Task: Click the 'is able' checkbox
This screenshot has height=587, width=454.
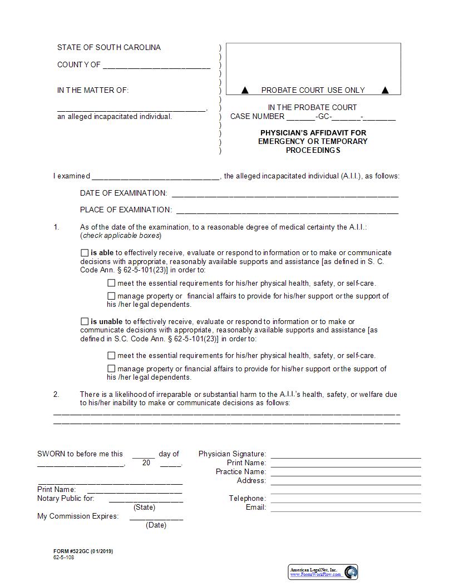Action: click(85, 253)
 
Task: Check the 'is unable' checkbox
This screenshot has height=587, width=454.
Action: click(85, 321)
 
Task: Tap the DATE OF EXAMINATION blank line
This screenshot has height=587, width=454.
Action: click(285, 195)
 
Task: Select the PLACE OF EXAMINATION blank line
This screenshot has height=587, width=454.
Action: click(287, 212)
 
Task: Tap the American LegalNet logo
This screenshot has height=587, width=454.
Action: click(323, 572)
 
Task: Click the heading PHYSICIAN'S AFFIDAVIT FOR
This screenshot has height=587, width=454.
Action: click(313, 133)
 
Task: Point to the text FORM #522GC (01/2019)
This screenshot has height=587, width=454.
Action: click(83, 551)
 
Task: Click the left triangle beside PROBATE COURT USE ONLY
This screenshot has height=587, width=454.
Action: click(245, 90)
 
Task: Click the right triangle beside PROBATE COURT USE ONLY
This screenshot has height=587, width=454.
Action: click(385, 90)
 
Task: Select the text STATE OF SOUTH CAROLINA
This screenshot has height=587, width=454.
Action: click(108, 48)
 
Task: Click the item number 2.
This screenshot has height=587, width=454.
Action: click(56, 395)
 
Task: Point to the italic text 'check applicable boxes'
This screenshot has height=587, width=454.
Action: click(121, 236)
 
